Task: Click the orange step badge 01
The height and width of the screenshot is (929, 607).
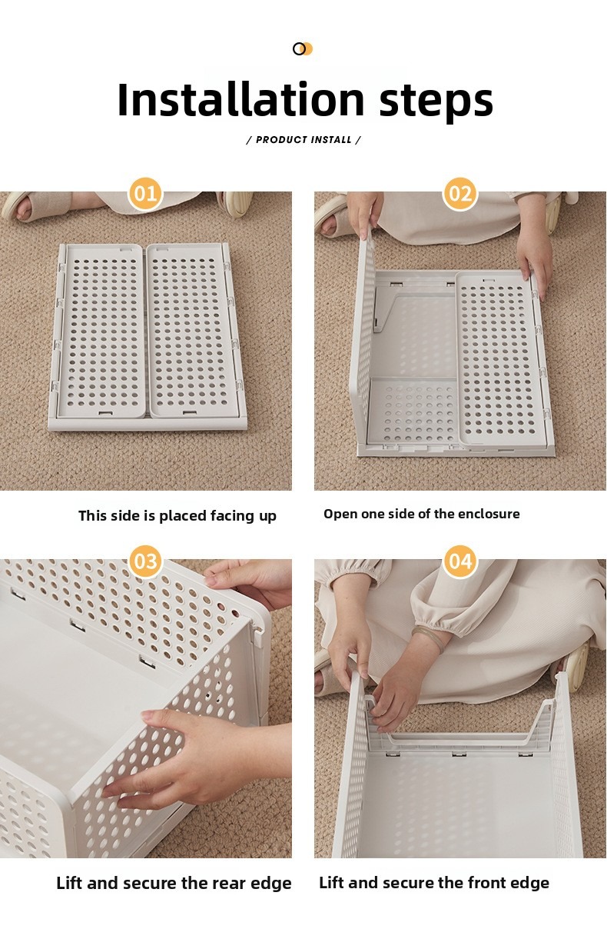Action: pyautogui.click(x=145, y=194)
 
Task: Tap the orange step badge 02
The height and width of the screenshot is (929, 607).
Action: pyautogui.click(x=460, y=194)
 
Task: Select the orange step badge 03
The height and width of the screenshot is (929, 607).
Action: pyautogui.click(x=145, y=561)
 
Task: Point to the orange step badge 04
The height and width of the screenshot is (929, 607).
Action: pyautogui.click(x=460, y=561)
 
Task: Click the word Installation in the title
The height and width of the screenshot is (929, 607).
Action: pyautogui.click(x=240, y=99)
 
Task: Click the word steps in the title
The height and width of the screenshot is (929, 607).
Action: pyautogui.click(x=436, y=102)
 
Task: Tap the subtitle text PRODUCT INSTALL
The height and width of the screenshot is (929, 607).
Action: pyautogui.click(x=303, y=140)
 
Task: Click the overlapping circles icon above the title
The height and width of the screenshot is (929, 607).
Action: pyautogui.click(x=303, y=49)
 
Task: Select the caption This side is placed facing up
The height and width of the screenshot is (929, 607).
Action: pyautogui.click(x=177, y=516)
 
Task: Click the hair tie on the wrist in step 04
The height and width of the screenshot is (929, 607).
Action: pyautogui.click(x=426, y=639)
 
